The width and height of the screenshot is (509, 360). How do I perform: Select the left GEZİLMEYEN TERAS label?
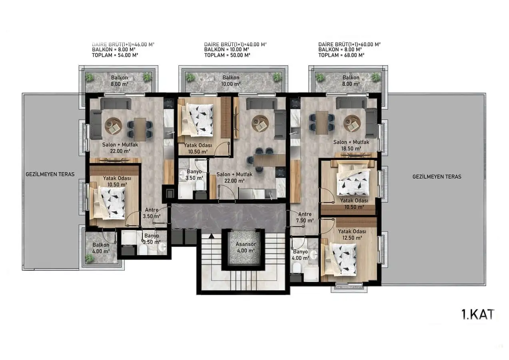(x=50, y=174)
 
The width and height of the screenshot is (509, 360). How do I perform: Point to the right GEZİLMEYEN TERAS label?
(x=437, y=176)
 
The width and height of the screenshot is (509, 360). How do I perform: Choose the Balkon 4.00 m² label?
(x=101, y=248)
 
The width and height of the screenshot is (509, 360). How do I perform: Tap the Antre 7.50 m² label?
(x=305, y=217)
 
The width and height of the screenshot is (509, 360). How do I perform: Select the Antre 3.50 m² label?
(x=152, y=212)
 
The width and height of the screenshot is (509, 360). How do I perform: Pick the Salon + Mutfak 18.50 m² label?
(x=352, y=145)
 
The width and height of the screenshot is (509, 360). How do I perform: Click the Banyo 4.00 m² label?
(x=301, y=255)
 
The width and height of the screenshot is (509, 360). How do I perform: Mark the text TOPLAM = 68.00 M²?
(x=341, y=55)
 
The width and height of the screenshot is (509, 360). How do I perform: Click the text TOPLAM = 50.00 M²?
(x=227, y=55)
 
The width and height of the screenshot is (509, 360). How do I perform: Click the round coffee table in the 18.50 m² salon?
(x=352, y=124)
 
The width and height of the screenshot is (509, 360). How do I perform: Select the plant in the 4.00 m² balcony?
(x=90, y=258)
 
